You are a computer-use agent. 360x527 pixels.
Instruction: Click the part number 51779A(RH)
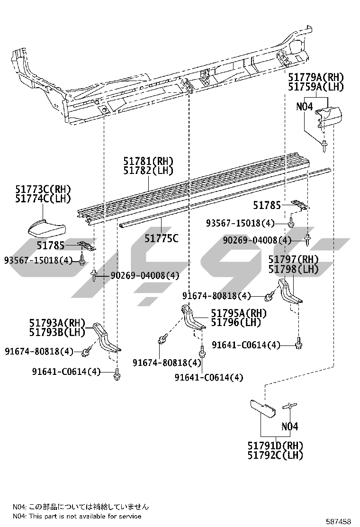tap(316, 77)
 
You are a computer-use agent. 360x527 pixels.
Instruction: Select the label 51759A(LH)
tap(316, 87)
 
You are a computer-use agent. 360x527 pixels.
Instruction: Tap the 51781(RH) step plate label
tap(148, 161)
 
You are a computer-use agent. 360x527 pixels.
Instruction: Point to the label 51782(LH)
tap(148, 171)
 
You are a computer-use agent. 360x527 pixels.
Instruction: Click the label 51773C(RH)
tap(43, 189)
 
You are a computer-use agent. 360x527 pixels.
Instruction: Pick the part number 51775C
tap(162, 238)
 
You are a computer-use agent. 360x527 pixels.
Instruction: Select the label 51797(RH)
tap(294, 259)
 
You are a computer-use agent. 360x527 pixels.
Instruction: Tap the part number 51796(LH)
tap(236, 323)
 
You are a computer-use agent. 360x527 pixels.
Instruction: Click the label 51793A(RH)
tap(57, 323)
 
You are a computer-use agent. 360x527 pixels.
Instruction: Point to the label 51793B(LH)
tap(57, 332)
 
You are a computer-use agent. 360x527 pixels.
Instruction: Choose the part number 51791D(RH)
tap(275, 445)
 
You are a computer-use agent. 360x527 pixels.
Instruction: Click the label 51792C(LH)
tap(275, 455)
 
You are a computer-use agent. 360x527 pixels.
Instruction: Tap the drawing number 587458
tap(339, 521)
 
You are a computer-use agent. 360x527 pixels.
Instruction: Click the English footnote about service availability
tap(77, 516)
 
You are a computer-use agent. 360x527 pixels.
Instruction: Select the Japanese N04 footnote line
tap(81, 507)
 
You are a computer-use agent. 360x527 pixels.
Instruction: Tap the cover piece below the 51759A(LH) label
tap(328, 116)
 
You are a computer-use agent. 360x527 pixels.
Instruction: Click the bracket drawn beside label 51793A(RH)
tap(106, 338)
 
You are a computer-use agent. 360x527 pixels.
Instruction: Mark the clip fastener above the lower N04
tap(289, 406)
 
